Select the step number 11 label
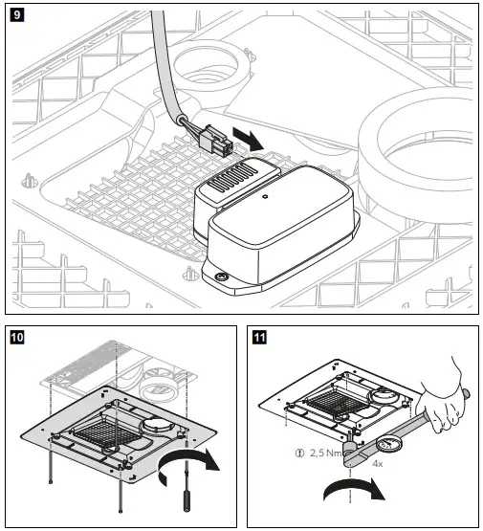coord(258,338)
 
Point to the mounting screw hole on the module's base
coord(223,277)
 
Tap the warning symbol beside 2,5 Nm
coord(298,455)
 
